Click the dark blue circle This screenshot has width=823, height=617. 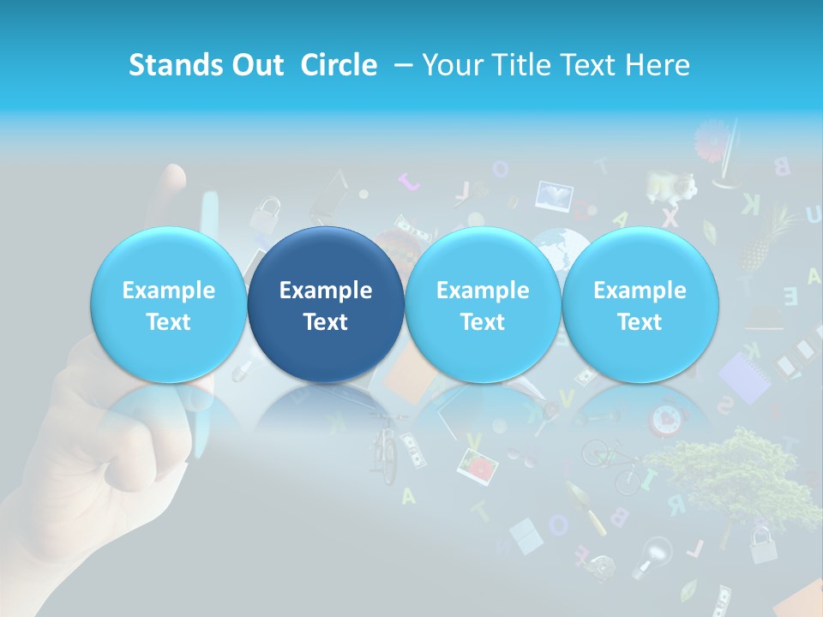pyautogui.click(x=326, y=305)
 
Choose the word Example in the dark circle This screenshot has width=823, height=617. pyautogui.click(x=326, y=291)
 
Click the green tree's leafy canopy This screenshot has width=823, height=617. pyautogui.click(x=737, y=467)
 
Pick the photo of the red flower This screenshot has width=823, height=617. pyautogui.click(x=478, y=465)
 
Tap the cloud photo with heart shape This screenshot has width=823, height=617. pyautogui.click(x=555, y=196)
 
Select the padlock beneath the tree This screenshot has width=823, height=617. pyautogui.click(x=762, y=544)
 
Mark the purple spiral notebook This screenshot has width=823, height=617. pyautogui.click(x=744, y=377)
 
